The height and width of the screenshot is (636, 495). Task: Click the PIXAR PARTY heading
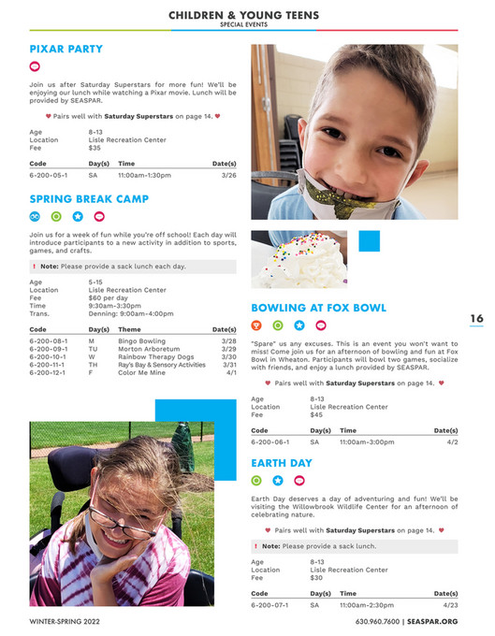[x=66, y=49]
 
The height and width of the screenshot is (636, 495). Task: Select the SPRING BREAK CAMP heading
[x=89, y=199]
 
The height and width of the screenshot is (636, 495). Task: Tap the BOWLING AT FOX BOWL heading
[x=318, y=308]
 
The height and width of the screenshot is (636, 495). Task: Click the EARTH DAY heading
[x=282, y=463]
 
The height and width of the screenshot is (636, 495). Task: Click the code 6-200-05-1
[x=48, y=175]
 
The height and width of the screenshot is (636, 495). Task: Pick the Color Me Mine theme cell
[x=140, y=372]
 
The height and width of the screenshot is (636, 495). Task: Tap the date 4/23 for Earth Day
[x=452, y=605]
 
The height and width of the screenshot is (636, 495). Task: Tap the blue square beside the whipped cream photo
[x=370, y=241]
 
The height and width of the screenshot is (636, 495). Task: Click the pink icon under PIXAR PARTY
[x=36, y=67]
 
